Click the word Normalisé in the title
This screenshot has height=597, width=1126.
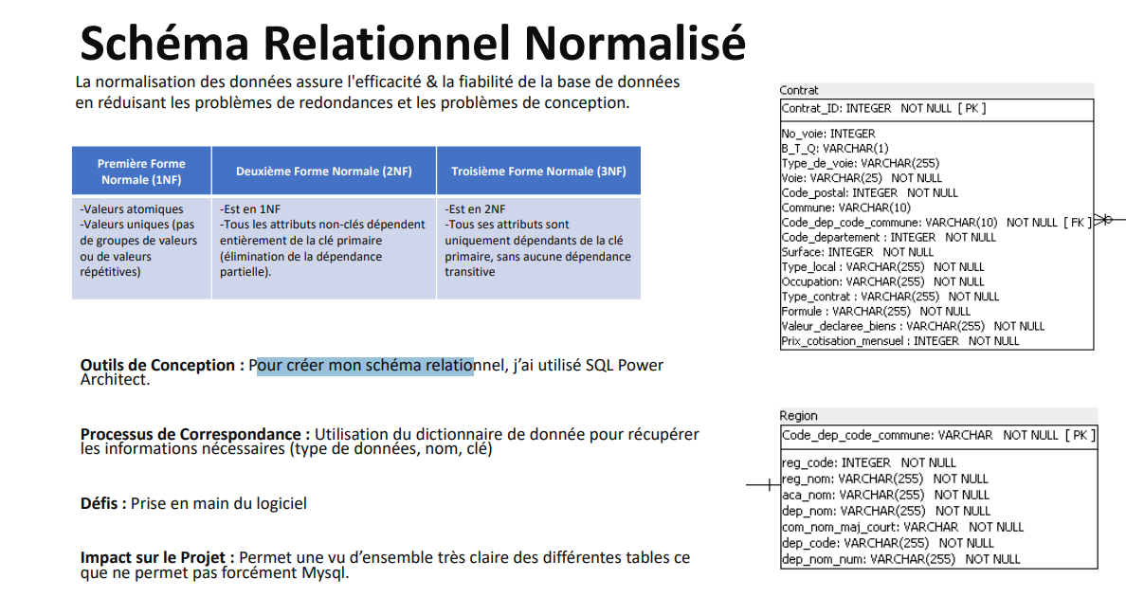(x=635, y=43)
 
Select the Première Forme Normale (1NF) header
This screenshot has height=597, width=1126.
(x=141, y=172)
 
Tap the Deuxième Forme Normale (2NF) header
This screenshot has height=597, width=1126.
(x=324, y=172)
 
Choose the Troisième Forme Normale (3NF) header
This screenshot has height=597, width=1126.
(x=538, y=172)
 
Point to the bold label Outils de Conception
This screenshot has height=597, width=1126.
(x=157, y=365)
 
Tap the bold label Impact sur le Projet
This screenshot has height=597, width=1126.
(x=157, y=557)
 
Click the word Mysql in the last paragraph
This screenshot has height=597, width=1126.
(x=324, y=573)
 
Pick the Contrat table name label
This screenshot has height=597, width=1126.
(x=799, y=90)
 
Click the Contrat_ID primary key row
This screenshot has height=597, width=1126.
(x=883, y=108)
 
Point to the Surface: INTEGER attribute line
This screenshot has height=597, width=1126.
(x=858, y=252)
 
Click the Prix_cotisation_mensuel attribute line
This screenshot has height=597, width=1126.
(x=900, y=341)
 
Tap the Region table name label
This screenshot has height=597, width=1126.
(x=799, y=415)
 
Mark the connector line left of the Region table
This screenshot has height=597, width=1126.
(x=763, y=485)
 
